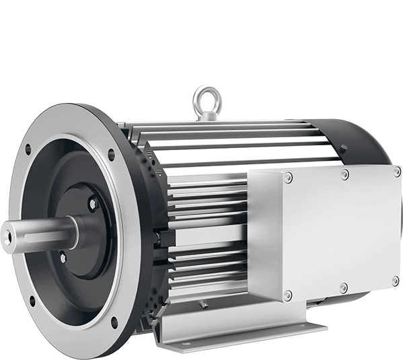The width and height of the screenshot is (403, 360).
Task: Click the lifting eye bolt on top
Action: click(206, 100)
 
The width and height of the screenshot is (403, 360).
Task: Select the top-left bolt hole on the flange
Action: click(28, 149)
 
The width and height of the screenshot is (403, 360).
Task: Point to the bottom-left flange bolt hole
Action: click(32, 300)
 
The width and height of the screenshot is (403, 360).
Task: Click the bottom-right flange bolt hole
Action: click(114, 322)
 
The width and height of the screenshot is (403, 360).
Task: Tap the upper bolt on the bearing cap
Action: click(93, 202)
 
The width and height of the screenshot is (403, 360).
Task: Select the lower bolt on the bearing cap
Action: click(63, 256)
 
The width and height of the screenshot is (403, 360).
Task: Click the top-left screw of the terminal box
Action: click(288, 178)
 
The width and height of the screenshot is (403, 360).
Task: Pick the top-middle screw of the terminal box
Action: click(344, 174)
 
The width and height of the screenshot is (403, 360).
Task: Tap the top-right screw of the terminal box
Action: click(396, 172)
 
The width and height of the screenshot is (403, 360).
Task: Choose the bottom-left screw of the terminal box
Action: click(288, 295)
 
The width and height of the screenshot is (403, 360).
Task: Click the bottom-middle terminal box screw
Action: click(343, 288)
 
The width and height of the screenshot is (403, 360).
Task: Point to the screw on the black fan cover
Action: click(343, 150)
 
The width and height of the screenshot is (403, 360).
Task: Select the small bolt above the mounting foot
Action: click(205, 303)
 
